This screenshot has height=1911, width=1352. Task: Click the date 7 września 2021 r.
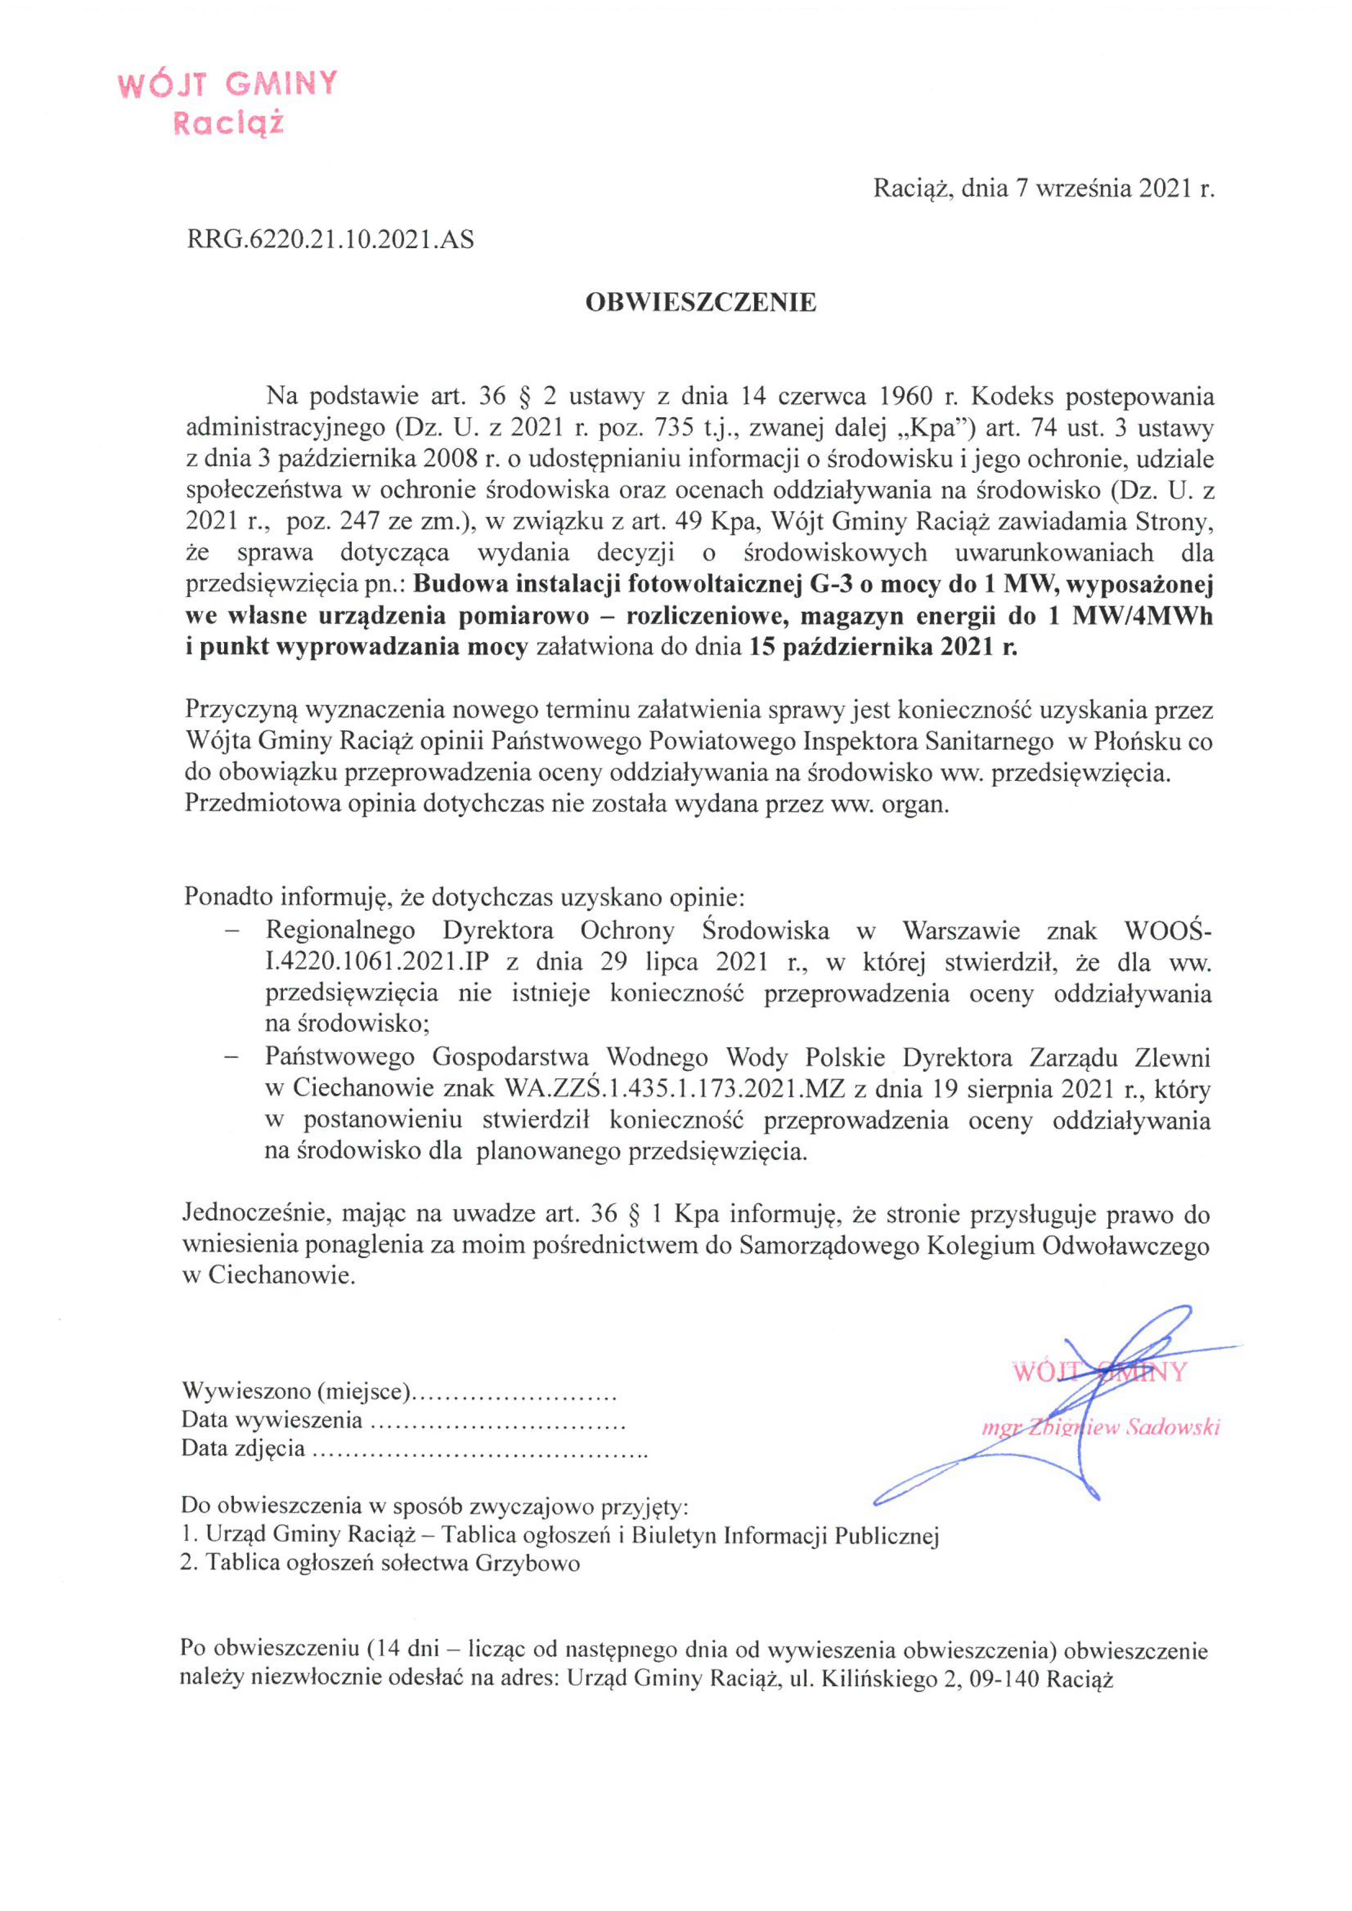click(x=1115, y=189)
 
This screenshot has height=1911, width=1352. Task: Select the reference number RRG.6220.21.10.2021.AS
click(x=331, y=241)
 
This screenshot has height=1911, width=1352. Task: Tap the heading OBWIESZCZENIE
click(x=700, y=303)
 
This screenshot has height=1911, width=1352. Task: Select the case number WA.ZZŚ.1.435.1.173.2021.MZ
click(x=668, y=1090)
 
